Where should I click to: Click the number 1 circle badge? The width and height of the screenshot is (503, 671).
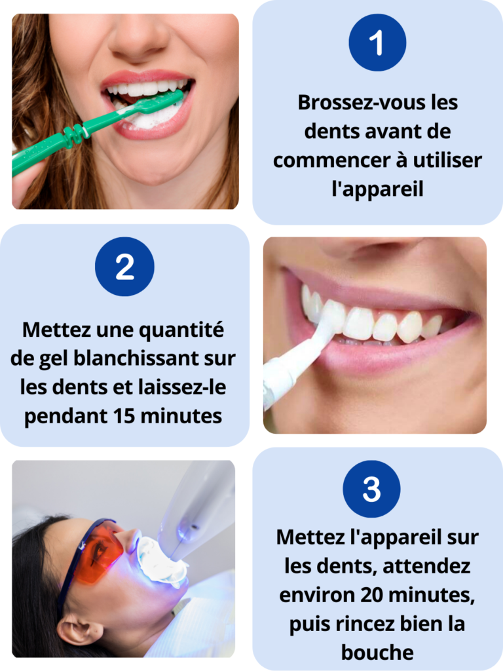click(377, 43)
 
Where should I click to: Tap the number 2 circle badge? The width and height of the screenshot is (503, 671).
click(124, 267)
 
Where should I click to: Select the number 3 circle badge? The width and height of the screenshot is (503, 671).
click(371, 489)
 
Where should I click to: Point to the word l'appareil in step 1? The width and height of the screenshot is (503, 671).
click(378, 189)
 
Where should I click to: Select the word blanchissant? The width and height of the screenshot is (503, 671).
click(136, 358)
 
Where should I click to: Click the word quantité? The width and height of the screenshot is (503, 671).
click(182, 330)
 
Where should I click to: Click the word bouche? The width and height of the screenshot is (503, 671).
click(378, 652)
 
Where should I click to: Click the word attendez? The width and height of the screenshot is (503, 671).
click(426, 566)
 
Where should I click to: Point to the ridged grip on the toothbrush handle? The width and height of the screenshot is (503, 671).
click(73, 132)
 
